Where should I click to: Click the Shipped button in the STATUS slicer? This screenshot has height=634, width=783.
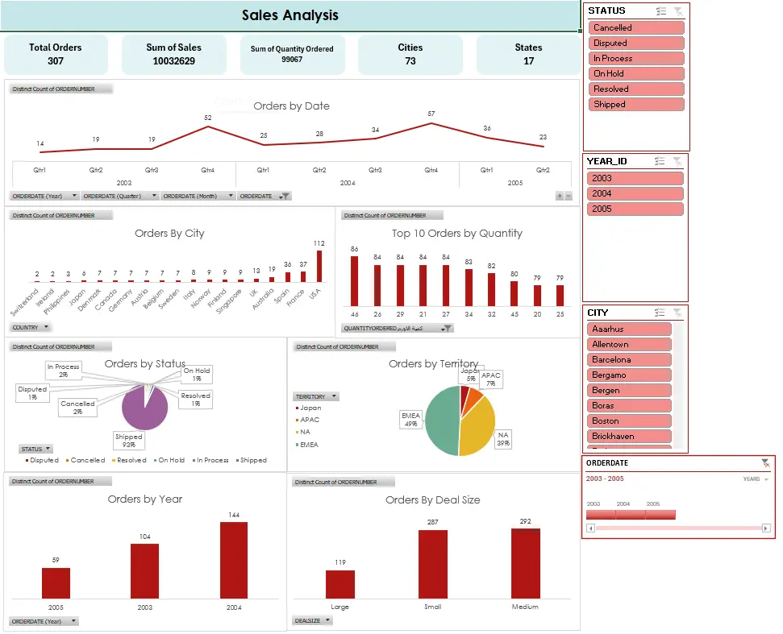(636, 105)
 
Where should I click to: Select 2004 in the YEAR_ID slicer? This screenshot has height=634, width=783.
(636, 193)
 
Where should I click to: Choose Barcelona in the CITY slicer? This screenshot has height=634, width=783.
(630, 360)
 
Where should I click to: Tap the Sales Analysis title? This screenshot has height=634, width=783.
(290, 15)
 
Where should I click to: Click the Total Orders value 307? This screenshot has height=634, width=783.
(55, 61)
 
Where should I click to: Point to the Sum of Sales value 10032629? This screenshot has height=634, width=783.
(173, 61)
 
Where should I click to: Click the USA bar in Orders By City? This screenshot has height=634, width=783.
(319, 266)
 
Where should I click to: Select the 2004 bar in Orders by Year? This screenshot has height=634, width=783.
(234, 560)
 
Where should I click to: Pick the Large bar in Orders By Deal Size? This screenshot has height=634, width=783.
(340, 584)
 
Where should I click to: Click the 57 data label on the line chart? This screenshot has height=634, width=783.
(431, 114)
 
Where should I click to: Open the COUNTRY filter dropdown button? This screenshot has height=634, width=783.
(31, 327)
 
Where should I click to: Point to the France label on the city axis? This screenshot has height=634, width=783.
(300, 298)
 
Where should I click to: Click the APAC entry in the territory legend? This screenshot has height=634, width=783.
(310, 420)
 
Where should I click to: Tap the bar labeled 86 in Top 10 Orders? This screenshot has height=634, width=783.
(354, 281)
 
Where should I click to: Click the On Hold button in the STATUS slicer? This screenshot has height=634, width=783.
(636, 74)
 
